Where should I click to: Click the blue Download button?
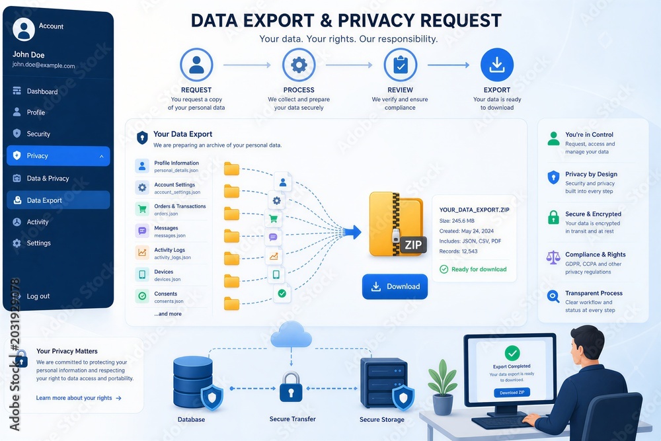pyautogui.click(x=395, y=287)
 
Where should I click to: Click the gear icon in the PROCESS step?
pyautogui.click(x=299, y=65)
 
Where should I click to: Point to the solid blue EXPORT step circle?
pyautogui.click(x=497, y=65)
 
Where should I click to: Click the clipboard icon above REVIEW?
pyautogui.click(x=401, y=65)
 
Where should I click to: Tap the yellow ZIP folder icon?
pyautogui.click(x=397, y=225)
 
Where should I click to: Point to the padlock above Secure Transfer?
pyautogui.click(x=291, y=387)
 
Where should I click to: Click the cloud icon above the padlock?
pyautogui.click(x=291, y=335)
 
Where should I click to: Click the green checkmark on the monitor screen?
pyautogui.click(x=512, y=353)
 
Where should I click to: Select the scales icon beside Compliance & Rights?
pyautogui.click(x=553, y=257)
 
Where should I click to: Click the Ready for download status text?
pyautogui.click(x=479, y=269)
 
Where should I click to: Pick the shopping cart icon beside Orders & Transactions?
pyautogui.click(x=142, y=209)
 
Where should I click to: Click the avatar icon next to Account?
pyautogui.click(x=24, y=29)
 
